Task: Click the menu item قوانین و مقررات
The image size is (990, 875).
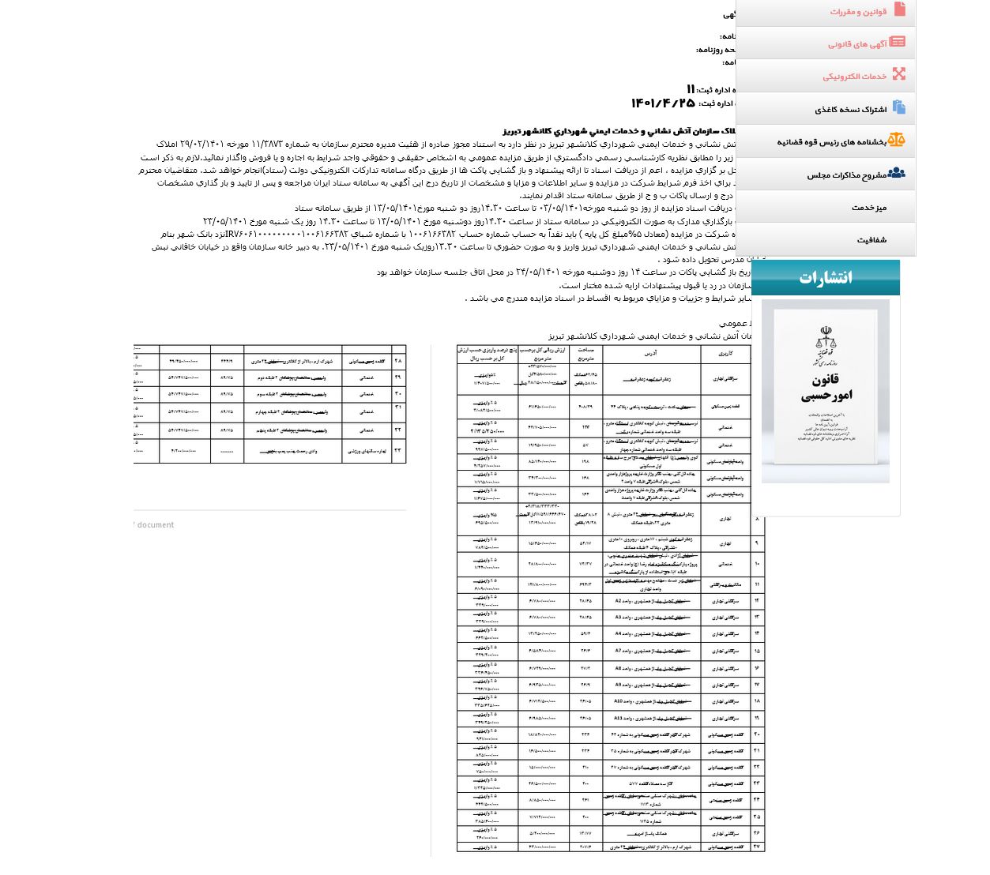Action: [x=858, y=12]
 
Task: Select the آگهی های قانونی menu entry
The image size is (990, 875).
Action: [x=857, y=44]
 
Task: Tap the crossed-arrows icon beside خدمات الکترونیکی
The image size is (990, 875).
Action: [x=898, y=74]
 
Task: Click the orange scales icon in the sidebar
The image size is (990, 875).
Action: [x=896, y=141]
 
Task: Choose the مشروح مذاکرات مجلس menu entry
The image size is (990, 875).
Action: [x=846, y=175]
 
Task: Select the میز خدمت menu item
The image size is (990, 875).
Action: [x=868, y=208]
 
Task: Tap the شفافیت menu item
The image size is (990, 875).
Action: [x=871, y=240]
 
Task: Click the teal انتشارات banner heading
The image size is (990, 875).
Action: [x=825, y=277]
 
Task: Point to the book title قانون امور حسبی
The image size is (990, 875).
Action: [x=826, y=388]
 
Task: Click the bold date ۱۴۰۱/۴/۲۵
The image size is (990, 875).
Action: [x=662, y=103]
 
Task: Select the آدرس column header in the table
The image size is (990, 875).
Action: [x=651, y=353]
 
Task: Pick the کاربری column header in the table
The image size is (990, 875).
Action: [x=725, y=353]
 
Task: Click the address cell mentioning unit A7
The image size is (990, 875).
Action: [x=651, y=651]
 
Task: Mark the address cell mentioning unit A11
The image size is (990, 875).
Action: [x=651, y=718]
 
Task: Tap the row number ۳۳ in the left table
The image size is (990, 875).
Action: [x=397, y=451]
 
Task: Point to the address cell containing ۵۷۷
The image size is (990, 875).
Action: [x=651, y=783]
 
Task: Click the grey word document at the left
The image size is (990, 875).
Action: [x=155, y=524]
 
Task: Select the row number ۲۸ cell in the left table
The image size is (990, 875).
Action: [x=397, y=361]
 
